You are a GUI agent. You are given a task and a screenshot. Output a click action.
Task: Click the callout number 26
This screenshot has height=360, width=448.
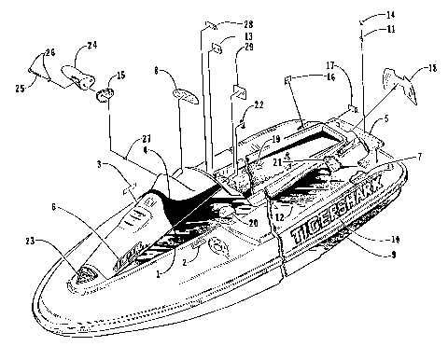click(50, 52)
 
